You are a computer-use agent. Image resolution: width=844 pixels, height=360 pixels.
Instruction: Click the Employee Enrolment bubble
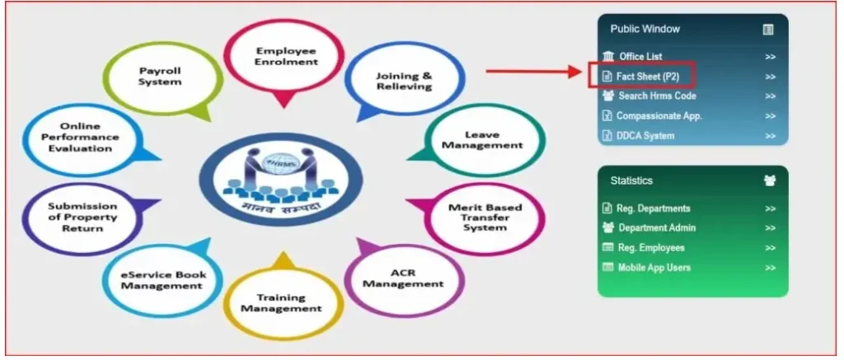click(286, 56)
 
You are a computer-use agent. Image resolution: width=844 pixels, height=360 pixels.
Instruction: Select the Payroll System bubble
click(160, 77)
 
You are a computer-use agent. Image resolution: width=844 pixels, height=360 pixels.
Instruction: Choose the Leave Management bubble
click(482, 139)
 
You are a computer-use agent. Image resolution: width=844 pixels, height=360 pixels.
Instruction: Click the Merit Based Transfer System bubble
click(485, 216)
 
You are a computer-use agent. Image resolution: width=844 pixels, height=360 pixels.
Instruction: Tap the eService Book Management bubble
click(162, 279)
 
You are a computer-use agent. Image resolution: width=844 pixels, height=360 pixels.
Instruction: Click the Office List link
click(641, 56)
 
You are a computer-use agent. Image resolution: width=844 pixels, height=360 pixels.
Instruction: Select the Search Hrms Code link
click(657, 96)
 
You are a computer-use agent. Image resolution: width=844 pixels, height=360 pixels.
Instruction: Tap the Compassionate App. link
click(659, 116)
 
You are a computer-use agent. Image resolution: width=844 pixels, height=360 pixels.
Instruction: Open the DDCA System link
click(645, 136)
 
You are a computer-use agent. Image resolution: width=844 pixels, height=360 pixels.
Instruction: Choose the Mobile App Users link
click(654, 268)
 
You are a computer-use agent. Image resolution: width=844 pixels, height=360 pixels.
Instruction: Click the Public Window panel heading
click(645, 29)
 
